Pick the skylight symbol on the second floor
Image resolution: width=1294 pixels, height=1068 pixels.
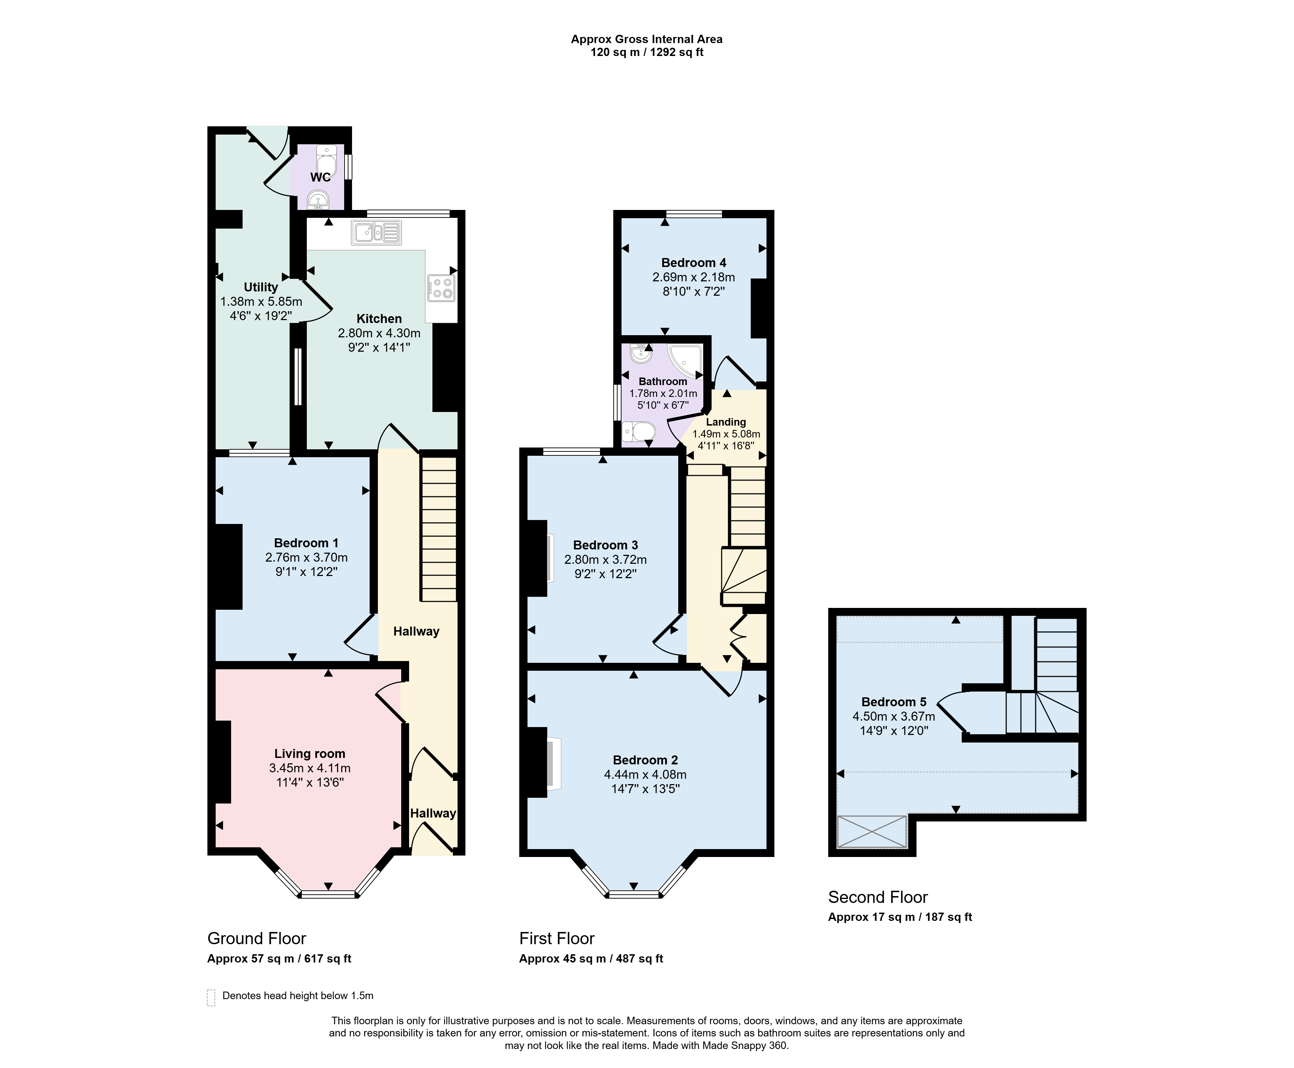point(872,832)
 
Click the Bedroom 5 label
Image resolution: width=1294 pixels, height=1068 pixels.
point(894,702)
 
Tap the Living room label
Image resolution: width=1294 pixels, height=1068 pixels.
point(309,754)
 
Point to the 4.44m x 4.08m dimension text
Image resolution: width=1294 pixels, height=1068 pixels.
point(645,774)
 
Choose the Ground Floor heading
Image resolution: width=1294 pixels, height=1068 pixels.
point(257,938)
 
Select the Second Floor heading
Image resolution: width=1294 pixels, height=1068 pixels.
point(878,897)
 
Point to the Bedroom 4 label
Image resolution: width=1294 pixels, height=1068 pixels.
point(694,263)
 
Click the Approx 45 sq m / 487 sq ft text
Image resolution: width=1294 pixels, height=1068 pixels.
point(591,959)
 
